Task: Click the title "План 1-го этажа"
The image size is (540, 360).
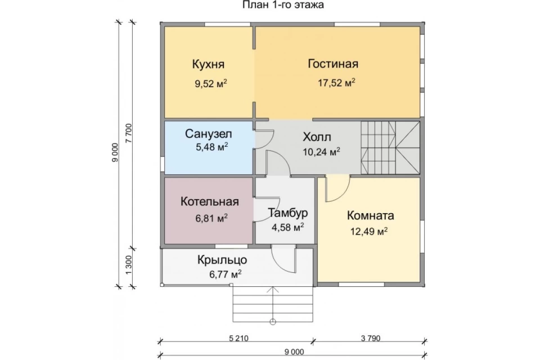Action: [283, 5]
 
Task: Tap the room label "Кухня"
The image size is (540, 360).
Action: [208, 64]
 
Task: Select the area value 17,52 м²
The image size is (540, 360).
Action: [336, 83]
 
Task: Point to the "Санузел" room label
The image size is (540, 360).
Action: [208, 133]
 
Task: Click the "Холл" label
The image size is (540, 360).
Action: [317, 137]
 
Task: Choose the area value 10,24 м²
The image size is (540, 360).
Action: [322, 151]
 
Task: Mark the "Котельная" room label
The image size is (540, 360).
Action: [209, 201]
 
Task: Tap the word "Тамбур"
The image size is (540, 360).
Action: [288, 213]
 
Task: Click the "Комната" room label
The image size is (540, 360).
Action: [370, 215]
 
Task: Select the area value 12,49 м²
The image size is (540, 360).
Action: [369, 231]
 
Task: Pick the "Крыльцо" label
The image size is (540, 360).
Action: [222, 260]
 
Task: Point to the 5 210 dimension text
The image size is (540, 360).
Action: [238, 338]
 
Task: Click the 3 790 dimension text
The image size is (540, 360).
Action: [371, 338]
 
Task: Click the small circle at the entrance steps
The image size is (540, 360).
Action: [273, 322]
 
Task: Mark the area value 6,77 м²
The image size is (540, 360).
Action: [225, 274]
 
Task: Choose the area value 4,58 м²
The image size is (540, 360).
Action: [287, 227]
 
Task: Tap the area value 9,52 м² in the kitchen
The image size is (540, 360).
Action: [211, 84]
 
